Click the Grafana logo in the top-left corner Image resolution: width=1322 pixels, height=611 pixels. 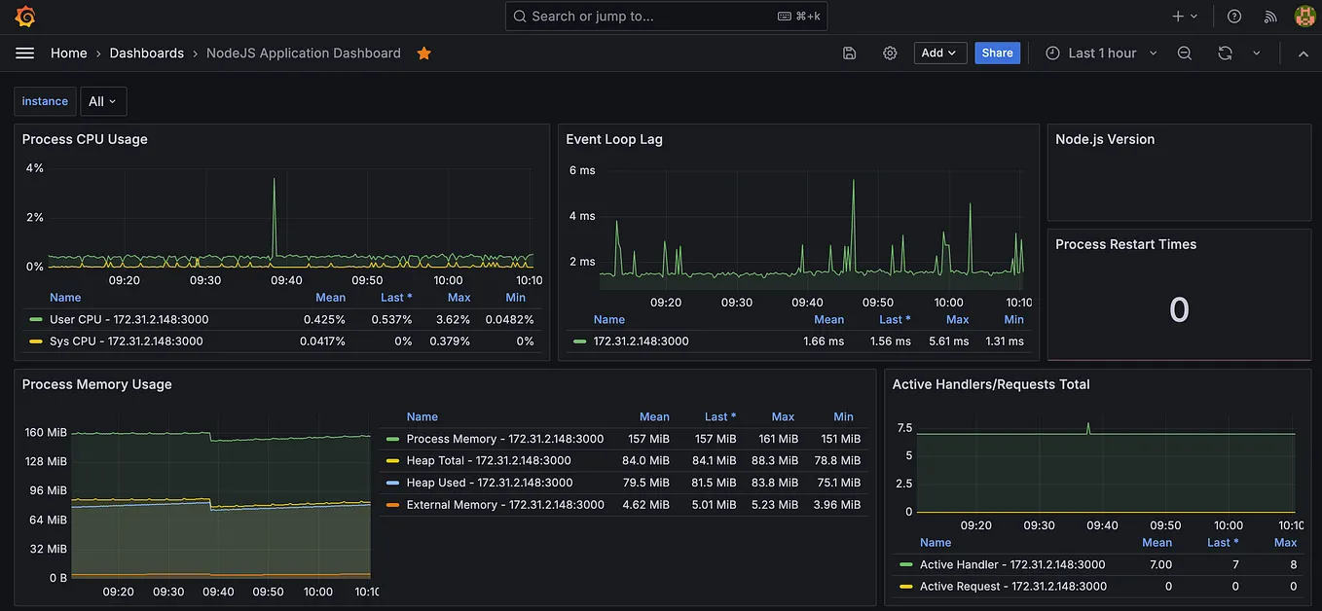coord(25,17)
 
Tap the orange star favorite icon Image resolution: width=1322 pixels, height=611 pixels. coord(423,54)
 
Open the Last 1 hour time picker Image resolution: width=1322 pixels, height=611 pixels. coord(1101,54)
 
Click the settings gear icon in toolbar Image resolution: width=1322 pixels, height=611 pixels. coord(890,54)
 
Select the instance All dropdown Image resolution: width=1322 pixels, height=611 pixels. coord(102,101)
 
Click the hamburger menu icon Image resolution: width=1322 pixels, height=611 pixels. coord(24,54)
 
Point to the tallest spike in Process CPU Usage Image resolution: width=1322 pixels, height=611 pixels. coord(274,180)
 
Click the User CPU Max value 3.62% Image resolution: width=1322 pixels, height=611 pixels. coord(453,319)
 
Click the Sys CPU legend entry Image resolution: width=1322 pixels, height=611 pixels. coord(126,341)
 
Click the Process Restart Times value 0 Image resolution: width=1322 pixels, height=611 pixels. coord(1179,310)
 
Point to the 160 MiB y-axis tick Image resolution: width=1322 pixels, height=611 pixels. coord(46,433)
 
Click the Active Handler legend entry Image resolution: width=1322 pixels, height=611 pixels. coord(1011,564)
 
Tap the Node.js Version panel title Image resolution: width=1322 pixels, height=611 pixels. coord(1105,139)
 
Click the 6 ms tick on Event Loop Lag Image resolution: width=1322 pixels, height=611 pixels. coord(581,170)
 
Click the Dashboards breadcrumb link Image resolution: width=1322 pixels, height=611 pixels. coord(146,54)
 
